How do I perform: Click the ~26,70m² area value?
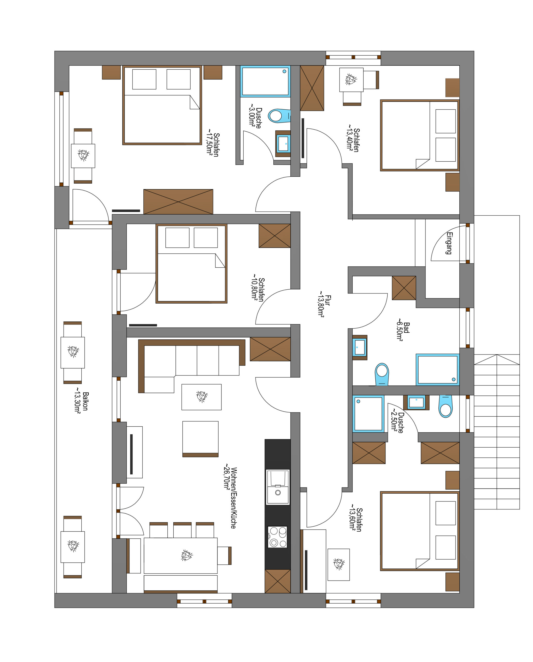[227, 476]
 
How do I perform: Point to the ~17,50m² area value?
[209, 142]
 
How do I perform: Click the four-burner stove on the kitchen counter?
[277, 537]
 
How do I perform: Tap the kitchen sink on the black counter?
[277, 487]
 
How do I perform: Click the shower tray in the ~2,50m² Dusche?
[368, 414]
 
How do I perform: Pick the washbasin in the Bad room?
[360, 347]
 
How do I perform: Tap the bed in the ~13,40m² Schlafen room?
[420, 135]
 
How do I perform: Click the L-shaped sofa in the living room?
[192, 366]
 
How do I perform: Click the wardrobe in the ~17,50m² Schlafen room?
[178, 202]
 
